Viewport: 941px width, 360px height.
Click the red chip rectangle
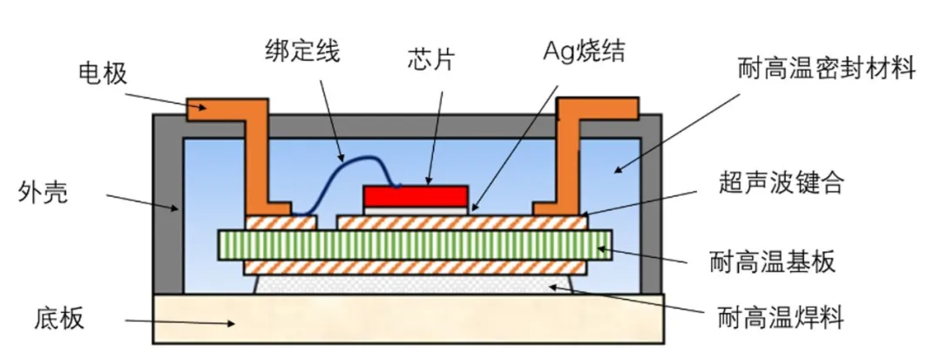pyautogui.click(x=416, y=194)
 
